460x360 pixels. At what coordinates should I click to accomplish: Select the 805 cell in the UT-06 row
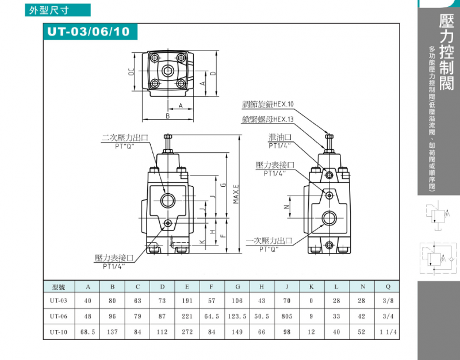point(286,316)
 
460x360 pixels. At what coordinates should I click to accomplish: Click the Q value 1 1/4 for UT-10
point(388,332)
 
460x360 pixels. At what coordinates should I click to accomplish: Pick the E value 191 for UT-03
point(187,301)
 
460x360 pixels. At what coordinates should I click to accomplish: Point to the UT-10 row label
point(59,332)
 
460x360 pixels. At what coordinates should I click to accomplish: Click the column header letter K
point(311,286)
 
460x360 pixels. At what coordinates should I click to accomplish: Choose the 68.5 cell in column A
point(87,332)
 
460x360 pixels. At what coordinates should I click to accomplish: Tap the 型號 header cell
point(59,287)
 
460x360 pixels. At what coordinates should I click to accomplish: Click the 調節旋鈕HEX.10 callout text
point(267,104)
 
